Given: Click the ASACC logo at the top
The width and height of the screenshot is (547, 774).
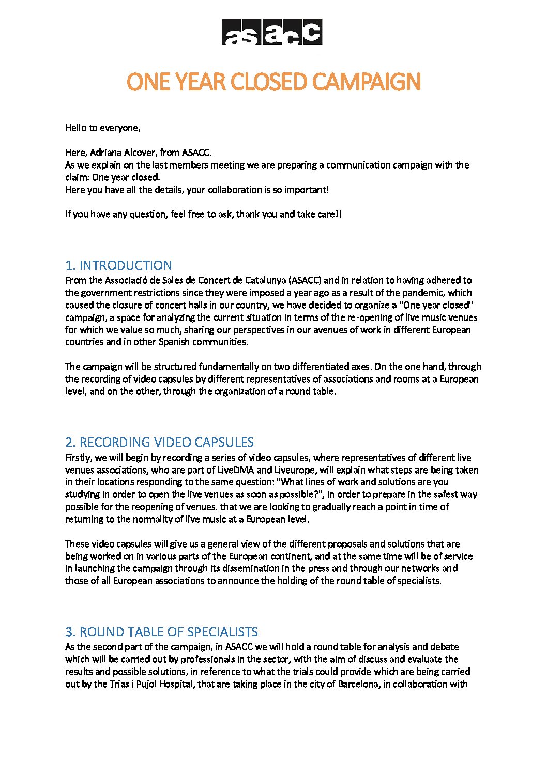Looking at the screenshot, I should pyautogui.click(x=272, y=32).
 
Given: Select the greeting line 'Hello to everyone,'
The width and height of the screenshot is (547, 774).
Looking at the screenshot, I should pyautogui.click(x=103, y=128).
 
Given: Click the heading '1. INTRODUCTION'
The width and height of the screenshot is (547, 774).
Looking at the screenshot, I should pyautogui.click(x=118, y=265).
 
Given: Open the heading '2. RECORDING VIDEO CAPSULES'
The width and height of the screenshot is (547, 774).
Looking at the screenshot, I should pyautogui.click(x=159, y=442).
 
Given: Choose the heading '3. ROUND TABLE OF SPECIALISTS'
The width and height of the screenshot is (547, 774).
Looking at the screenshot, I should pyautogui.click(x=161, y=632).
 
